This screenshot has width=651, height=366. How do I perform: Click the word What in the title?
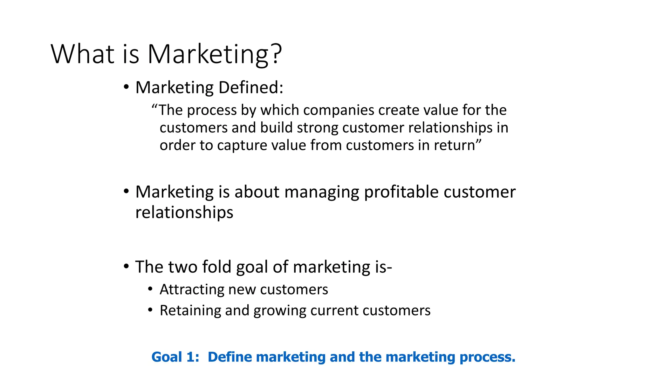[x=82, y=54]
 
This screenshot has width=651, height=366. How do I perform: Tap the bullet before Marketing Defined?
[x=127, y=87]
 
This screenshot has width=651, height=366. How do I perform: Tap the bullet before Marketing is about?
[x=127, y=192]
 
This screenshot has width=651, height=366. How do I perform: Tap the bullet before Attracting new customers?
[x=150, y=289]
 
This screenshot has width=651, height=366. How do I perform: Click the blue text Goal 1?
[x=175, y=357]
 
